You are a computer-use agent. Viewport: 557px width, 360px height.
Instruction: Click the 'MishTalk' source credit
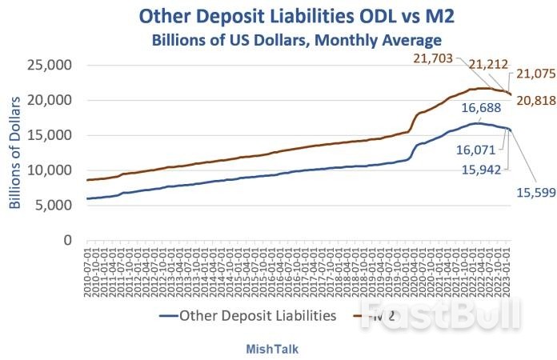point(278,347)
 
